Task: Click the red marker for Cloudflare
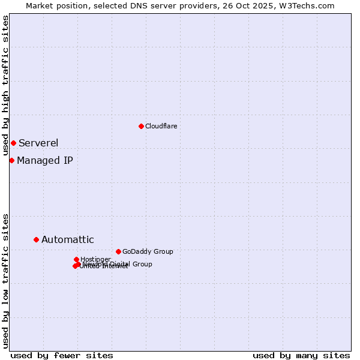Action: (141, 126)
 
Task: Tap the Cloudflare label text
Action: (161, 126)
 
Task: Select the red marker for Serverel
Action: (13, 143)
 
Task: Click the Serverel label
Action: (38, 143)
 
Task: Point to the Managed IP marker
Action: (11, 160)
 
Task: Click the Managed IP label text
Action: (45, 160)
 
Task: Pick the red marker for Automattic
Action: (36, 239)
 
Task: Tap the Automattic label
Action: (68, 240)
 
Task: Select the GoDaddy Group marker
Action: (118, 251)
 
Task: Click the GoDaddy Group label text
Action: (148, 251)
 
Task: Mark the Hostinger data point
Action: (76, 259)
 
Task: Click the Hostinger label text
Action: (95, 259)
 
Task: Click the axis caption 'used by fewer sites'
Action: (62, 355)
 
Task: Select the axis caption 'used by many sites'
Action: (301, 355)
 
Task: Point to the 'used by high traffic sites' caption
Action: (5, 86)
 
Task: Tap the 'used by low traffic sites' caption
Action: (5, 280)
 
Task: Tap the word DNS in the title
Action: (136, 5)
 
